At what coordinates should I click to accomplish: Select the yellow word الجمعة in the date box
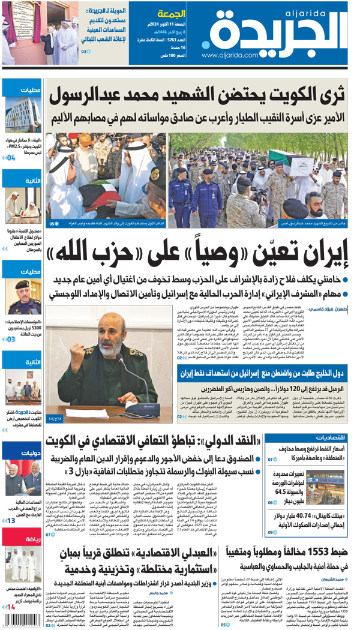[170, 13]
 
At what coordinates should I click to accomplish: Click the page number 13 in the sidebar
[10, 520]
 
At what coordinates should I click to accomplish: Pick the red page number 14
[10, 607]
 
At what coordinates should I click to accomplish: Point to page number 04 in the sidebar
[10, 158]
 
